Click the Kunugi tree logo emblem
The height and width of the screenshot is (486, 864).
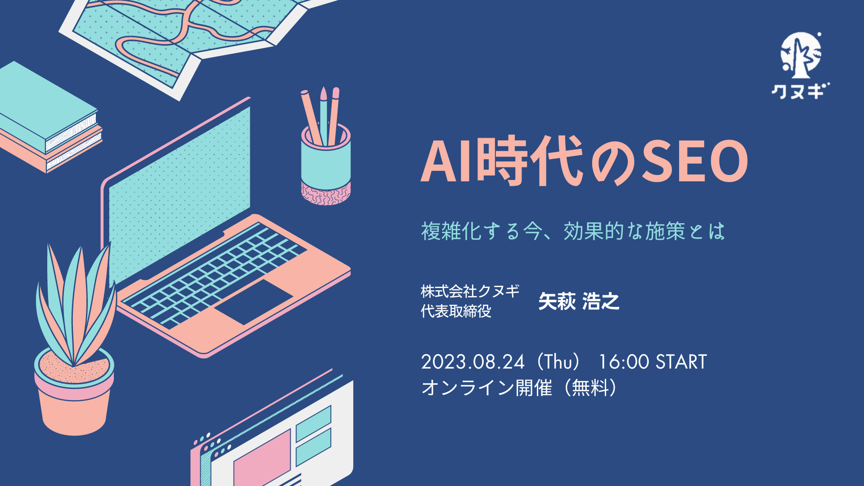click(801, 55)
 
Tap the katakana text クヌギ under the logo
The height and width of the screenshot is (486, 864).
click(801, 91)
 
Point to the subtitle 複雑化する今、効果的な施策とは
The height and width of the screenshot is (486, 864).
click(573, 231)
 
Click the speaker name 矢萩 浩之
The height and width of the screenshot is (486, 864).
click(579, 301)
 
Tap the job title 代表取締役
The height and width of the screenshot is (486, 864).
click(456, 311)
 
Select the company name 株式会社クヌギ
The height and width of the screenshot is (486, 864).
click(470, 291)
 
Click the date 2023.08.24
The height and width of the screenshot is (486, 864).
click(472, 362)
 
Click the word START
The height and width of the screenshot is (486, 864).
click(681, 362)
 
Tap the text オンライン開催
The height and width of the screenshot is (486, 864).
click(486, 387)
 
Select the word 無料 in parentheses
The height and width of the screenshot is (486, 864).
click(590, 387)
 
